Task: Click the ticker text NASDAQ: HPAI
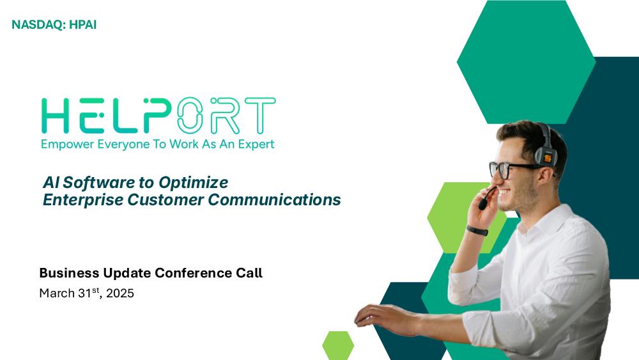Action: [54, 25]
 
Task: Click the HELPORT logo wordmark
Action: [158, 116]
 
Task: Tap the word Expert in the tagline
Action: [256, 145]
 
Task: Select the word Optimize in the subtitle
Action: [193, 183]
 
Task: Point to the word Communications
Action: [274, 200]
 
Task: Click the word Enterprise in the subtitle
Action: [83, 200]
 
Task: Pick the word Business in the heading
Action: [69, 273]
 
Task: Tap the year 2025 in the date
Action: [120, 293]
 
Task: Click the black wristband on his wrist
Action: [477, 230]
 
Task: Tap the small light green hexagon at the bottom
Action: [338, 345]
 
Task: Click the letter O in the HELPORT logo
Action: [190, 116]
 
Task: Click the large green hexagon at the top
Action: [526, 62]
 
